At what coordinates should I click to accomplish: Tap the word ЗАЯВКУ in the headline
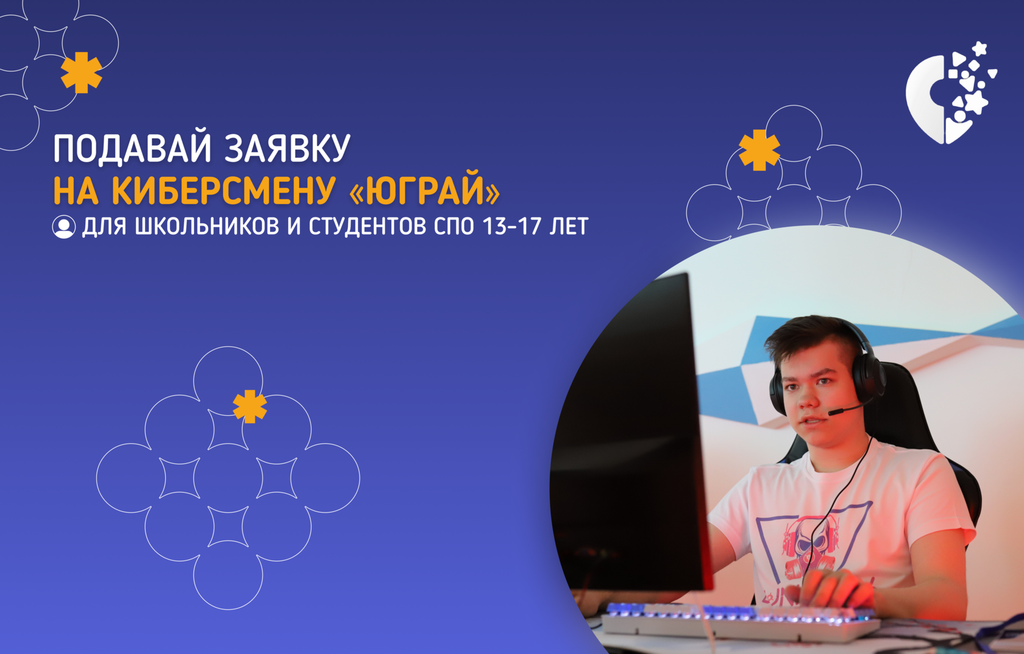(288, 148)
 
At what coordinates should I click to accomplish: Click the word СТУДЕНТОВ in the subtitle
(368, 227)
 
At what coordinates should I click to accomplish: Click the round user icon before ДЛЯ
(63, 227)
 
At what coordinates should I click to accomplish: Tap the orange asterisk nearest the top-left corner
(82, 73)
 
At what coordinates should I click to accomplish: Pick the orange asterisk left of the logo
(759, 150)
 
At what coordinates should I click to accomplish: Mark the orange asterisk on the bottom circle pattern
(250, 407)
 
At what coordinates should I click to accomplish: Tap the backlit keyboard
(740, 622)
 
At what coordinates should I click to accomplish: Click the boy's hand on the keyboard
(836, 592)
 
